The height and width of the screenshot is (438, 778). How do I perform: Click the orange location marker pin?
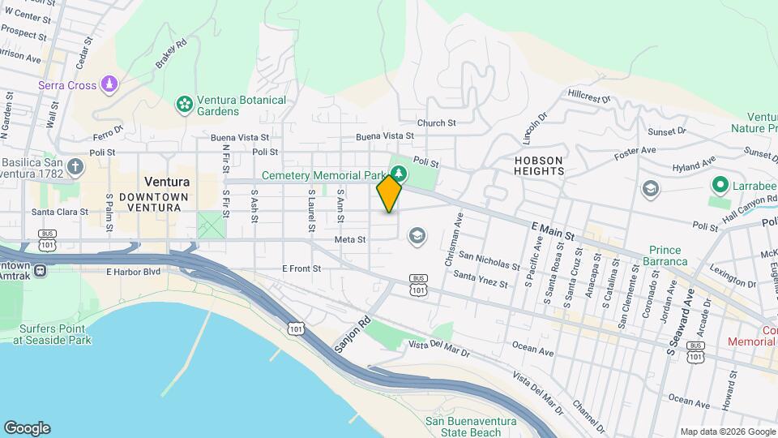389,193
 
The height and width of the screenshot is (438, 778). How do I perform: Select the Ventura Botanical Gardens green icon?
185,104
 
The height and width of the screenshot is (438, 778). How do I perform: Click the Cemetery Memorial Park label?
323,175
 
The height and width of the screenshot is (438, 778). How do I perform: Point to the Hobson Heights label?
538,165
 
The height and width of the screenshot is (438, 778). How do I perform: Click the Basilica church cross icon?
75,167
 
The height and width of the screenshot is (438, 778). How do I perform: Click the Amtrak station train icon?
40,270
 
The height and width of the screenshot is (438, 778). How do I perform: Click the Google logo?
27,428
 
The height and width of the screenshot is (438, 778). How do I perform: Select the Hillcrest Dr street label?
588,95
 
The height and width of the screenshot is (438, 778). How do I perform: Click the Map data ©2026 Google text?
728,432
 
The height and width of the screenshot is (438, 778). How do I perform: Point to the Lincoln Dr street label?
532,127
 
